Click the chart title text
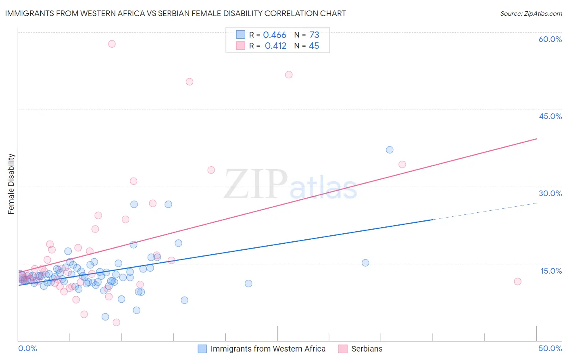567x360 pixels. click(x=175, y=13)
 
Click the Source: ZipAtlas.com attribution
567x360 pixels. click(x=531, y=13)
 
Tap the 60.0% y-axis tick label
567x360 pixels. click(x=550, y=39)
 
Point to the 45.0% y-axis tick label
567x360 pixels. click(x=550, y=116)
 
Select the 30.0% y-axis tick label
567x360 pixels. click(x=550, y=193)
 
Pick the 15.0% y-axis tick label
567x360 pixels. click(x=551, y=271)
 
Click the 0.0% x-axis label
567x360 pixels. click(x=27, y=348)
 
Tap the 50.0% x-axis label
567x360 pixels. click(x=550, y=348)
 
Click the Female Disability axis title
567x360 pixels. click(x=11, y=184)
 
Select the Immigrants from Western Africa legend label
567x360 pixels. click(x=268, y=349)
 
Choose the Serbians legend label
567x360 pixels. click(x=367, y=349)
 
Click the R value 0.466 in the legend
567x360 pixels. click(x=275, y=35)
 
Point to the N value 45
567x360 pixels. click(x=314, y=46)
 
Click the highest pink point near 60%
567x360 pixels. click(x=112, y=44)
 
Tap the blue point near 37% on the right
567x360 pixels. click(x=390, y=150)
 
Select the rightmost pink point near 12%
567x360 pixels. click(x=518, y=281)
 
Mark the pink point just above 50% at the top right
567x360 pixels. click(x=289, y=75)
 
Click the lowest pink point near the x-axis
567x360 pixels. click(x=117, y=322)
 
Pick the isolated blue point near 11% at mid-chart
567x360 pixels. click(x=248, y=283)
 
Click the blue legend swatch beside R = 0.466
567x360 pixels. click(x=241, y=35)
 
